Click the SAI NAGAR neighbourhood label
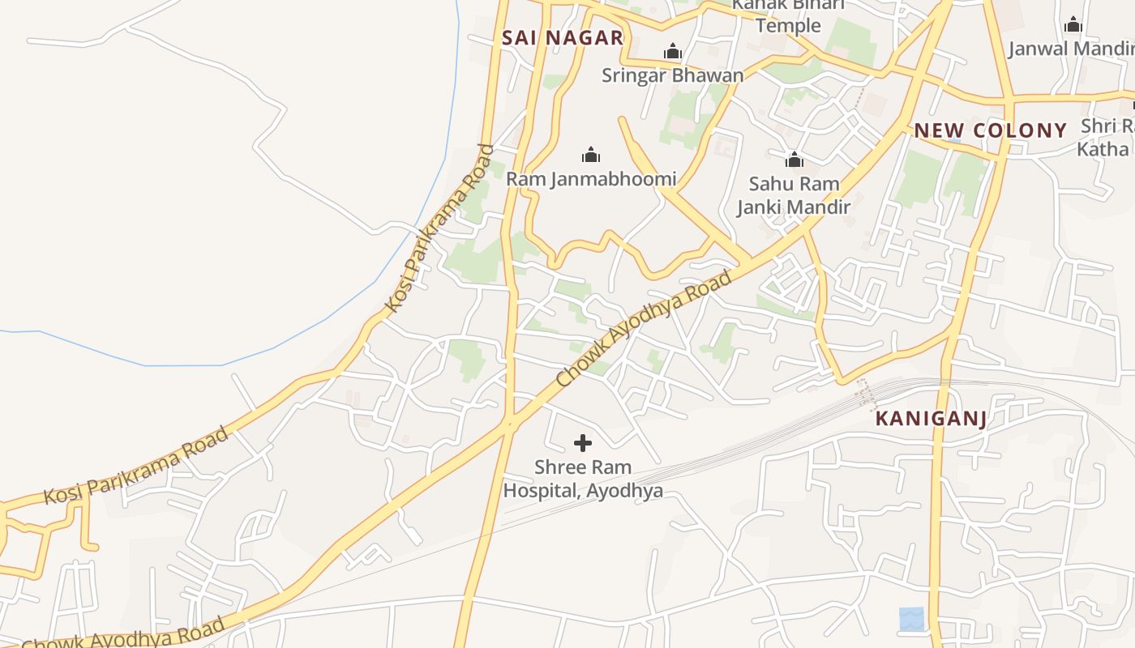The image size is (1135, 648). click(562, 37)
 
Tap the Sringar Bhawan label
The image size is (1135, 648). click(672, 75)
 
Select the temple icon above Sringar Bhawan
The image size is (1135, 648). click(672, 53)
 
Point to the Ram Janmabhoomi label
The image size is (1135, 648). click(591, 178)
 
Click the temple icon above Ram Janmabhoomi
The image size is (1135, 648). click(591, 155)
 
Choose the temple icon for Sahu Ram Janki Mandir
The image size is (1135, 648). click(794, 160)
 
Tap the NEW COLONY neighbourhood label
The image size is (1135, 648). click(990, 130)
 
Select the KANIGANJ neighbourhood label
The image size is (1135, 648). click(931, 419)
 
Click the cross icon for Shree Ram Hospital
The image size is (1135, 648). click(582, 443)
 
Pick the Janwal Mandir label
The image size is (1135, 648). click(1070, 49)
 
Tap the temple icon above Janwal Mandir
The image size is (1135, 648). click(1073, 25)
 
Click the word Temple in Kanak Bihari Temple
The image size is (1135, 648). click(788, 26)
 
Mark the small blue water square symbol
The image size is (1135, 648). click(911, 619)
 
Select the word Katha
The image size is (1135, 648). click(1103, 149)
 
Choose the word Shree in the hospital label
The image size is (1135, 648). click(559, 467)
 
